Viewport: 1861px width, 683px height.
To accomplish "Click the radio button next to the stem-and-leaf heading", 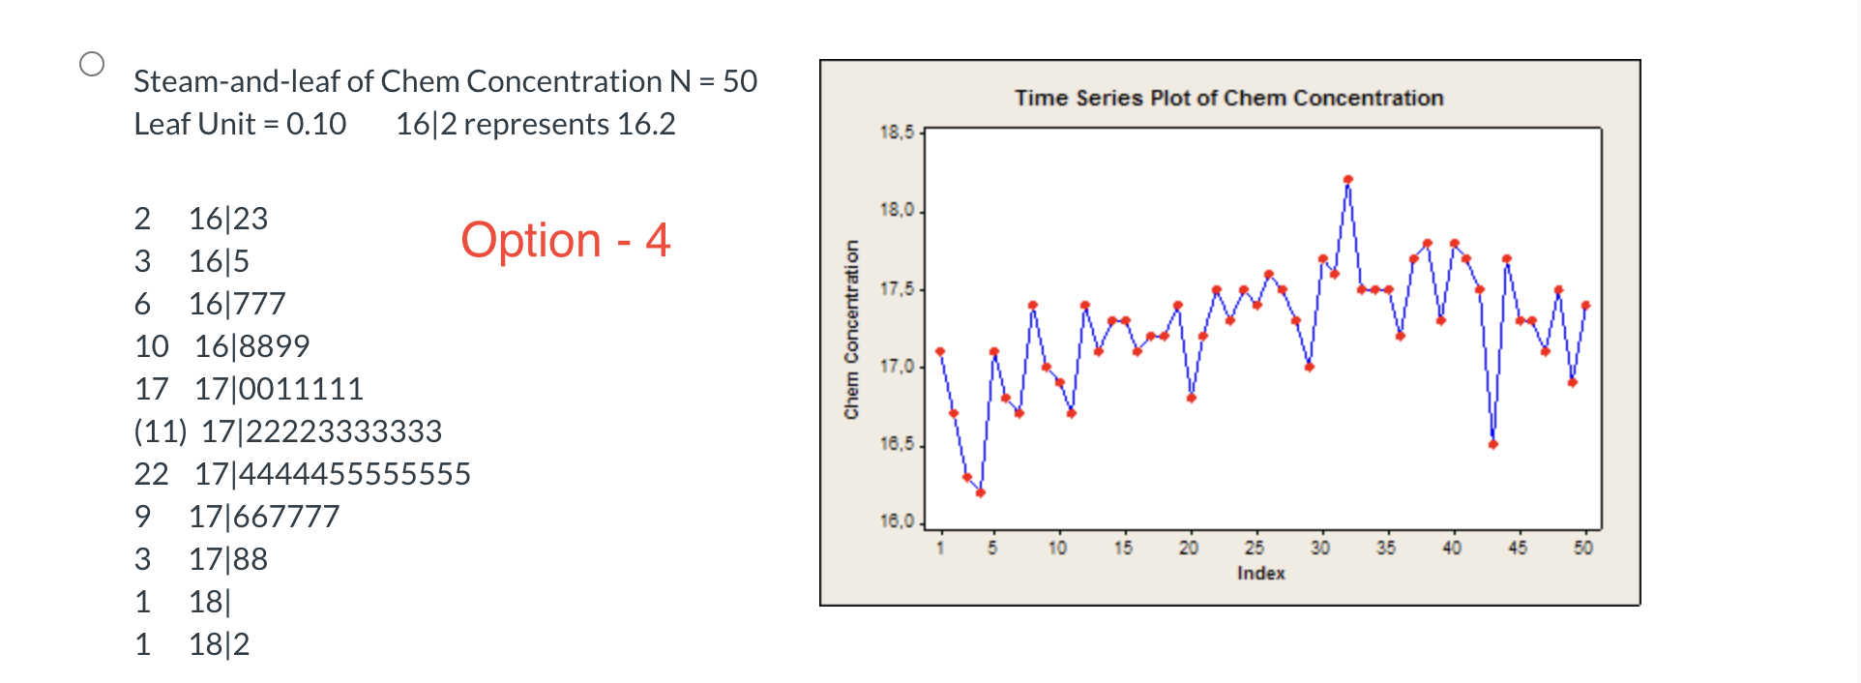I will coord(92,64).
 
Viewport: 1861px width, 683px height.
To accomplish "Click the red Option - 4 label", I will coord(565,240).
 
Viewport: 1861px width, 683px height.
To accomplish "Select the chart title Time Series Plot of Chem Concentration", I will coord(1228,98).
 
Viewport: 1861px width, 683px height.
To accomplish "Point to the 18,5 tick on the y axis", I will coord(897,133).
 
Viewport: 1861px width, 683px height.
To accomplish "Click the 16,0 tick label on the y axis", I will coord(897,521).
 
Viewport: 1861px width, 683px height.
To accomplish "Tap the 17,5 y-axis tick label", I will coord(897,289).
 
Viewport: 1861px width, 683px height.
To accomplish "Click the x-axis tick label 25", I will coord(1254,548).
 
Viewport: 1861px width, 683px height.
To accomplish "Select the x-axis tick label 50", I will coord(1582,548).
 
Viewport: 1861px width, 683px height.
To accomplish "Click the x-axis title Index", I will coord(1260,573).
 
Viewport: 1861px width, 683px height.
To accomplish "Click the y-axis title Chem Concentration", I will coord(851,329).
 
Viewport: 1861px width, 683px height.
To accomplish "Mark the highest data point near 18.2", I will coord(1347,179).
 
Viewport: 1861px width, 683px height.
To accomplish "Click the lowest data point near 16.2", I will coord(980,492).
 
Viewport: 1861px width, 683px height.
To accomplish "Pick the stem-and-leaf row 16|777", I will coord(237,304).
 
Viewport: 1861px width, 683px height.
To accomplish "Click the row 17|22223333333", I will coord(321,431).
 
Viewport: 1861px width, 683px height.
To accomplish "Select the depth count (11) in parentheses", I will coord(160,431).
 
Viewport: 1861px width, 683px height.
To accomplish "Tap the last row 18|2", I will coord(219,644).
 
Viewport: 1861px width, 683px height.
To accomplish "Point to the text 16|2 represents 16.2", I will coord(535,124).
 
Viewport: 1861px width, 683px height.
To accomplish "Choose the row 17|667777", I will coord(263,517).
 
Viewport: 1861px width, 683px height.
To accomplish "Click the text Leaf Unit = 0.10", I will coord(240,124).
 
